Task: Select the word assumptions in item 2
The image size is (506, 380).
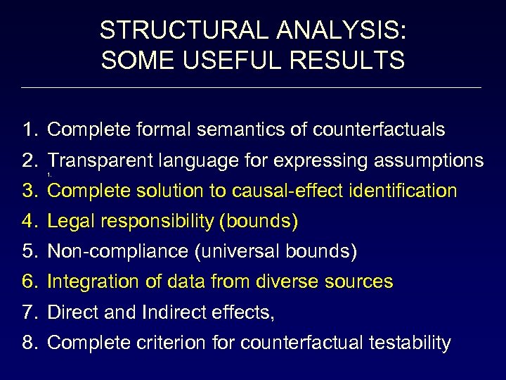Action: point(428,160)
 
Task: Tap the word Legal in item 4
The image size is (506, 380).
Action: point(68,222)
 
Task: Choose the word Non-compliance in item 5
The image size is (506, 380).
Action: point(108,251)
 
